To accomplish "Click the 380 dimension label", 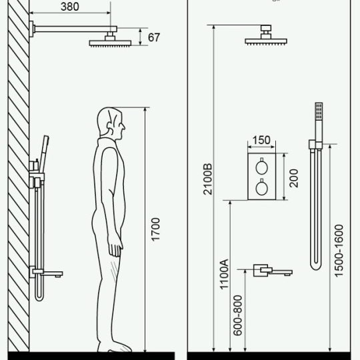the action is pos(70,7).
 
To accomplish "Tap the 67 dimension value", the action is pos(154,37).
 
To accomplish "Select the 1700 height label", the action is pos(155,229).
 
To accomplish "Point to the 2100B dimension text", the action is pos(207,179).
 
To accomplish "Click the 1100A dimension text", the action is pos(224,274).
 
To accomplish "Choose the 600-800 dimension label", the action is pos(237,315).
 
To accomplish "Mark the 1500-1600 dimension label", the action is pos(339,251).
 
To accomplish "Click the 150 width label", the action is pos(261,140).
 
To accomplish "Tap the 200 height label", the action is pos(293,178).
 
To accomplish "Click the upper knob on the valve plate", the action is pos(262,167).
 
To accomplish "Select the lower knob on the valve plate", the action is pos(262,187).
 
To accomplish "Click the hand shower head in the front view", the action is pos(319,111).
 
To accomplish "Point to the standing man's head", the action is pos(111,123).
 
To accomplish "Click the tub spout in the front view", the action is pos(273,271).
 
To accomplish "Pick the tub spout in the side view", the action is pos(48,273).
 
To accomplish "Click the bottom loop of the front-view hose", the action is pos(317,267).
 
